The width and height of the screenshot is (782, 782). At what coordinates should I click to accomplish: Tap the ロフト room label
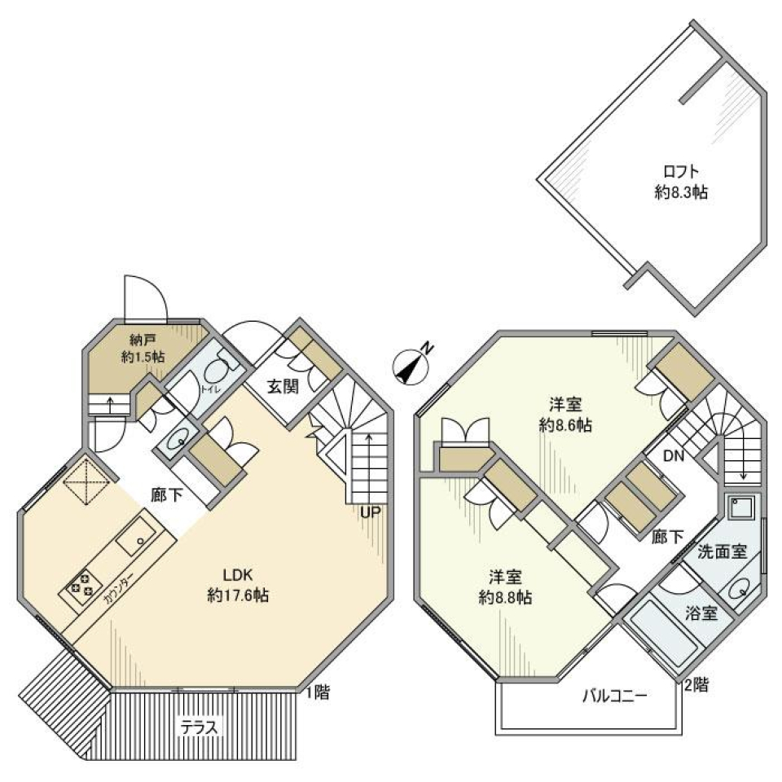679,172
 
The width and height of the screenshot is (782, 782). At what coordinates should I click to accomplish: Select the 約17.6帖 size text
238,595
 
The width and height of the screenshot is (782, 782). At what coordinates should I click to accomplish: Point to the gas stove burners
81,585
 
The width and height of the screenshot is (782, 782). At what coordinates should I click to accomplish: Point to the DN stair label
673,457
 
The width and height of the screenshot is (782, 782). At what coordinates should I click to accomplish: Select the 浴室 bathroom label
702,613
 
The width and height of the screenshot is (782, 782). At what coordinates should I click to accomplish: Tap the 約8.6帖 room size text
565,424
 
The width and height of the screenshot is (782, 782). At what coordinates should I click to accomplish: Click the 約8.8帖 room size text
505,597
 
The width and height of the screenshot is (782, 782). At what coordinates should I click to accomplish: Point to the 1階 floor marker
317,693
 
